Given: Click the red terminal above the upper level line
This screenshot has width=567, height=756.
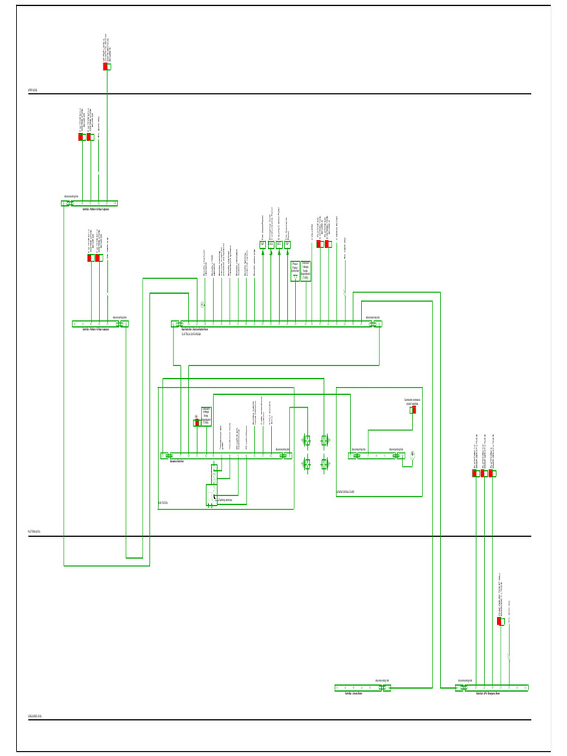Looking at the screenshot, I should tap(107, 66).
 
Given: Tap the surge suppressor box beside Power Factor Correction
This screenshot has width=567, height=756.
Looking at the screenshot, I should tap(306, 270).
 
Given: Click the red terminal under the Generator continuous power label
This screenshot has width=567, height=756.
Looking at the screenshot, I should tap(413, 410).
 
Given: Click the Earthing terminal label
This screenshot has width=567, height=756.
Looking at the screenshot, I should tap(225, 500).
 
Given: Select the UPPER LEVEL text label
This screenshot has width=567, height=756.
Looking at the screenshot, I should tap(33, 90).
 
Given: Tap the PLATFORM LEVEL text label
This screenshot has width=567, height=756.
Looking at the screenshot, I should tap(35, 532).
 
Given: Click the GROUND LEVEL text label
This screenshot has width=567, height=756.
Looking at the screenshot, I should tap(35, 715).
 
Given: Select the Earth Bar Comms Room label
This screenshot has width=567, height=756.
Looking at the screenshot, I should tap(351, 694).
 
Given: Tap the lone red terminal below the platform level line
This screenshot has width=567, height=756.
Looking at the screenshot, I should tap(501, 622).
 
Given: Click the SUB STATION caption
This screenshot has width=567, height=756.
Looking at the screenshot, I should tap(163, 504).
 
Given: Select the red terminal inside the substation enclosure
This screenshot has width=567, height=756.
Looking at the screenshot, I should tap(196, 423).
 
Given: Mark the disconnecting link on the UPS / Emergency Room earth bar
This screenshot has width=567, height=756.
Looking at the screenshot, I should tap(462, 688).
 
